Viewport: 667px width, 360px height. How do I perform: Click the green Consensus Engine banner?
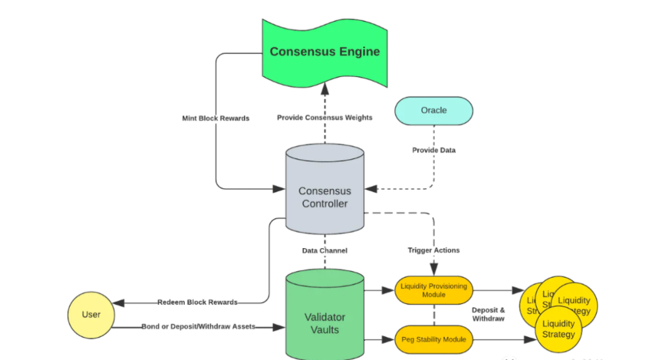click(x=324, y=51)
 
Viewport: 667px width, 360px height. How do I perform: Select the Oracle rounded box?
click(x=433, y=111)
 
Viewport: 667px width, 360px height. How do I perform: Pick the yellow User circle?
click(x=91, y=314)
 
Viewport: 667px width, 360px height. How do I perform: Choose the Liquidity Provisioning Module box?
click(x=434, y=290)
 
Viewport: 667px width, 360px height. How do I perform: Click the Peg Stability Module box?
click(x=434, y=339)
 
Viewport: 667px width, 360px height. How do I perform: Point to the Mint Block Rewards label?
click(x=216, y=118)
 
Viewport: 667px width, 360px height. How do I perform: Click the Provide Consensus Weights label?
click(x=324, y=118)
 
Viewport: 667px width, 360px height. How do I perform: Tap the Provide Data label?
click(x=433, y=150)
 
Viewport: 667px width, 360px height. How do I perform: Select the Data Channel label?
click(x=324, y=251)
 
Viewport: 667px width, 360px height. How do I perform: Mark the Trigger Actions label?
click(x=433, y=250)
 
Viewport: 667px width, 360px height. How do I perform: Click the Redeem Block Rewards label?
click(x=197, y=303)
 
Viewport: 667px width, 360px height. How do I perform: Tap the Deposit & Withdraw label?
click(x=489, y=314)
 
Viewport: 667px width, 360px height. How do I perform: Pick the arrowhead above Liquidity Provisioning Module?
click(x=434, y=270)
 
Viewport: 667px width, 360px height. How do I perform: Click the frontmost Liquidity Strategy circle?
click(x=558, y=328)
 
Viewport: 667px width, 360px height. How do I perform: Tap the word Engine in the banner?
click(x=355, y=51)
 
